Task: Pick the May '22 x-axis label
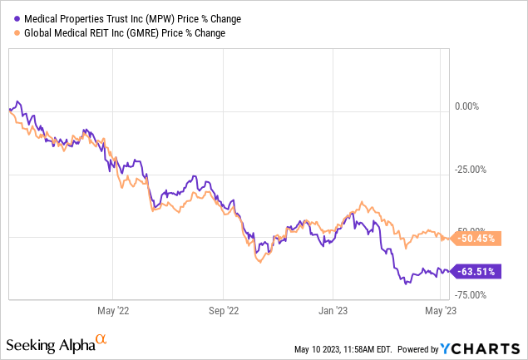tap(116, 312)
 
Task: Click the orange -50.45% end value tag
tap(478, 238)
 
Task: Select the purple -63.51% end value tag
tap(478, 270)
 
